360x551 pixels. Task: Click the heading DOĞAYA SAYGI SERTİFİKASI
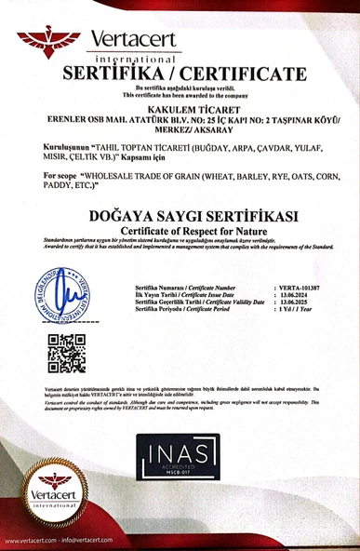pyautogui.click(x=180, y=216)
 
